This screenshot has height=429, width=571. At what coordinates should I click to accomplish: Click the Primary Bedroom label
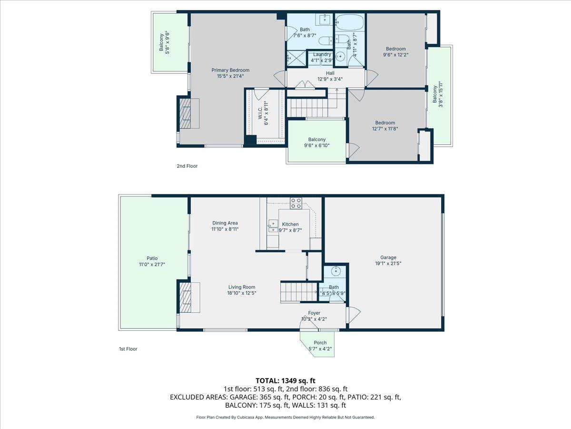pos(230,70)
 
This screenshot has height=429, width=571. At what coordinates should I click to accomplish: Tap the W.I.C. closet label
pos(260,113)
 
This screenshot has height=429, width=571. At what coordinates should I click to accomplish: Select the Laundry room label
pos(322,54)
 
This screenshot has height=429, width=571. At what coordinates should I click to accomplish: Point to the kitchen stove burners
pos(296,203)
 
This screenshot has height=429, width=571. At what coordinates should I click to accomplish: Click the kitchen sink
pos(273,226)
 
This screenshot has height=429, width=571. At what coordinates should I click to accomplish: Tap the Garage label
pos(388,257)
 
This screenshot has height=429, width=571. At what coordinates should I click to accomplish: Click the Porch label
pos(320,343)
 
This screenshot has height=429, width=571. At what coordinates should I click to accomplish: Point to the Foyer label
pos(314,313)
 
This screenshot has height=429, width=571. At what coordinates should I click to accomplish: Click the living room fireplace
pos(186,297)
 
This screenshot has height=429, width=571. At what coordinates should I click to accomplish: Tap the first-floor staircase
pos(298,291)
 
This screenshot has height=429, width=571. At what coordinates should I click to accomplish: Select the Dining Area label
pos(225,223)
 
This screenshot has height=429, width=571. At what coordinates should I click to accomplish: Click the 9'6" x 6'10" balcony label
pos(316,146)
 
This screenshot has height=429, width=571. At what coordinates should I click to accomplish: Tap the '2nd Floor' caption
pos(187,166)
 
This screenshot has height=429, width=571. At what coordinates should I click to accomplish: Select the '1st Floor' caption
pos(128,349)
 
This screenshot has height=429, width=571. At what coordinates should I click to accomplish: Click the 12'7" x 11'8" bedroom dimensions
pos(383,128)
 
